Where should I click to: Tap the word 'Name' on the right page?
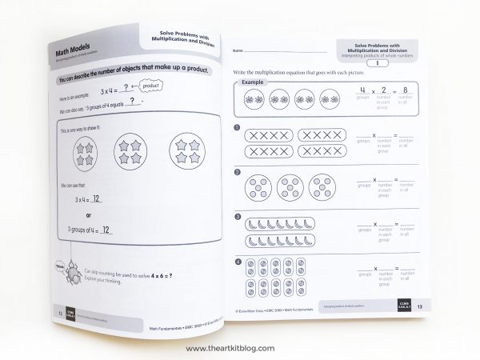(x=237, y=51)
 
